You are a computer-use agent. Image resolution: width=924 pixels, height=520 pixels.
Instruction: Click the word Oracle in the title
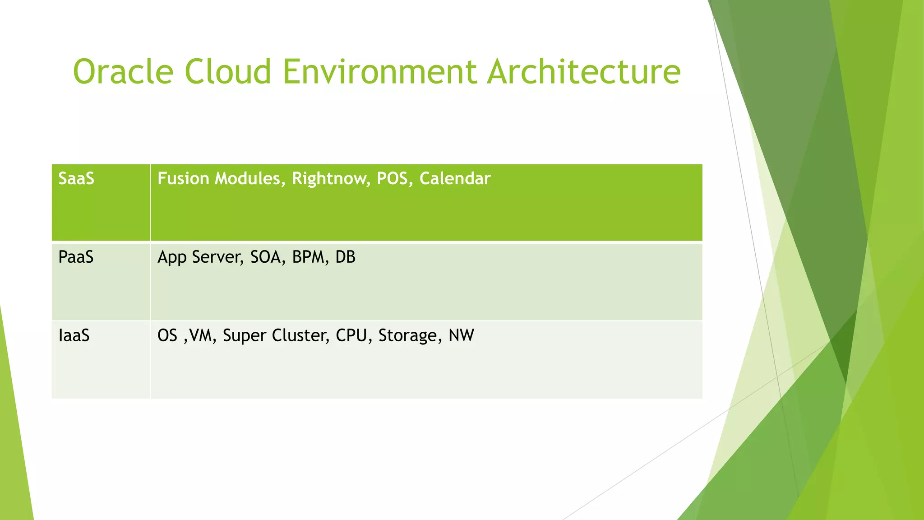123,72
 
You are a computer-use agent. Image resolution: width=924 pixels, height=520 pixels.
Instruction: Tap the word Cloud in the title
228,72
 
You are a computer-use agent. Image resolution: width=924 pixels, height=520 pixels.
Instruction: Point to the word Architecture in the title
584,72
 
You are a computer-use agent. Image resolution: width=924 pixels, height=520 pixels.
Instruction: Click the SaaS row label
76,179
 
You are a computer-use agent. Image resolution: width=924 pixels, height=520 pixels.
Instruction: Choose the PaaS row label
76,257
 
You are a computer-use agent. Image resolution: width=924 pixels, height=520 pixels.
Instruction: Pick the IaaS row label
74,336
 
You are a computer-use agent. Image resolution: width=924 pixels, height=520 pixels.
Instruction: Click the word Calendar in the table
455,179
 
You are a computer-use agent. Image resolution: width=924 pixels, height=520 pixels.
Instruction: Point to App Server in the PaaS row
200,257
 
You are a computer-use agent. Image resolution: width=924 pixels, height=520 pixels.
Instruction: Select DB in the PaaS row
345,257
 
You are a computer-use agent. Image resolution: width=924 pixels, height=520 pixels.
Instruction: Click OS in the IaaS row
167,336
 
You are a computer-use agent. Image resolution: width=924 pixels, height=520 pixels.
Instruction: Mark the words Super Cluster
275,336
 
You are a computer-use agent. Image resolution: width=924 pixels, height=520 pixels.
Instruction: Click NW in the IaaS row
461,336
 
